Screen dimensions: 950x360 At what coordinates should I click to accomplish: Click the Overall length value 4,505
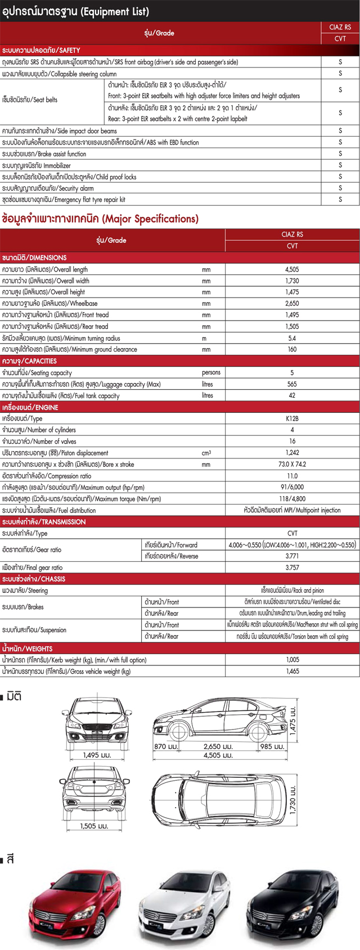tap(292, 269)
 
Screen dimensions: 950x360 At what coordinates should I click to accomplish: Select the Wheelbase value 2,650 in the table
tap(292, 304)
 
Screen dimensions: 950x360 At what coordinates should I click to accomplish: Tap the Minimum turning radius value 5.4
tap(292, 338)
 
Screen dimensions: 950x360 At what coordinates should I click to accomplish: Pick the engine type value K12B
tap(292, 418)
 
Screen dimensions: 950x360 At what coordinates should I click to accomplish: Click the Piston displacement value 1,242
tap(292, 453)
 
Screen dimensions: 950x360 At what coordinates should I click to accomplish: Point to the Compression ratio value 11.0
tap(292, 476)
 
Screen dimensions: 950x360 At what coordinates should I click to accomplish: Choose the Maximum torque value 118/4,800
tap(292, 499)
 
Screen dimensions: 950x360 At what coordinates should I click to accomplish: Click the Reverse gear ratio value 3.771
tap(292, 556)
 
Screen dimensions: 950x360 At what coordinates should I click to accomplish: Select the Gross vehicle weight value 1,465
tap(292, 671)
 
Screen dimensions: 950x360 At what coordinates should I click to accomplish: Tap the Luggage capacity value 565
tap(292, 384)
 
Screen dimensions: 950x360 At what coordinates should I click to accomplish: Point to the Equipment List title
tap(76, 11)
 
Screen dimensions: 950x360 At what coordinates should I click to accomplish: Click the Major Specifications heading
tap(101, 219)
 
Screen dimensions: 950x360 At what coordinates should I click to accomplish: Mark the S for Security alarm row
tap(340, 188)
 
